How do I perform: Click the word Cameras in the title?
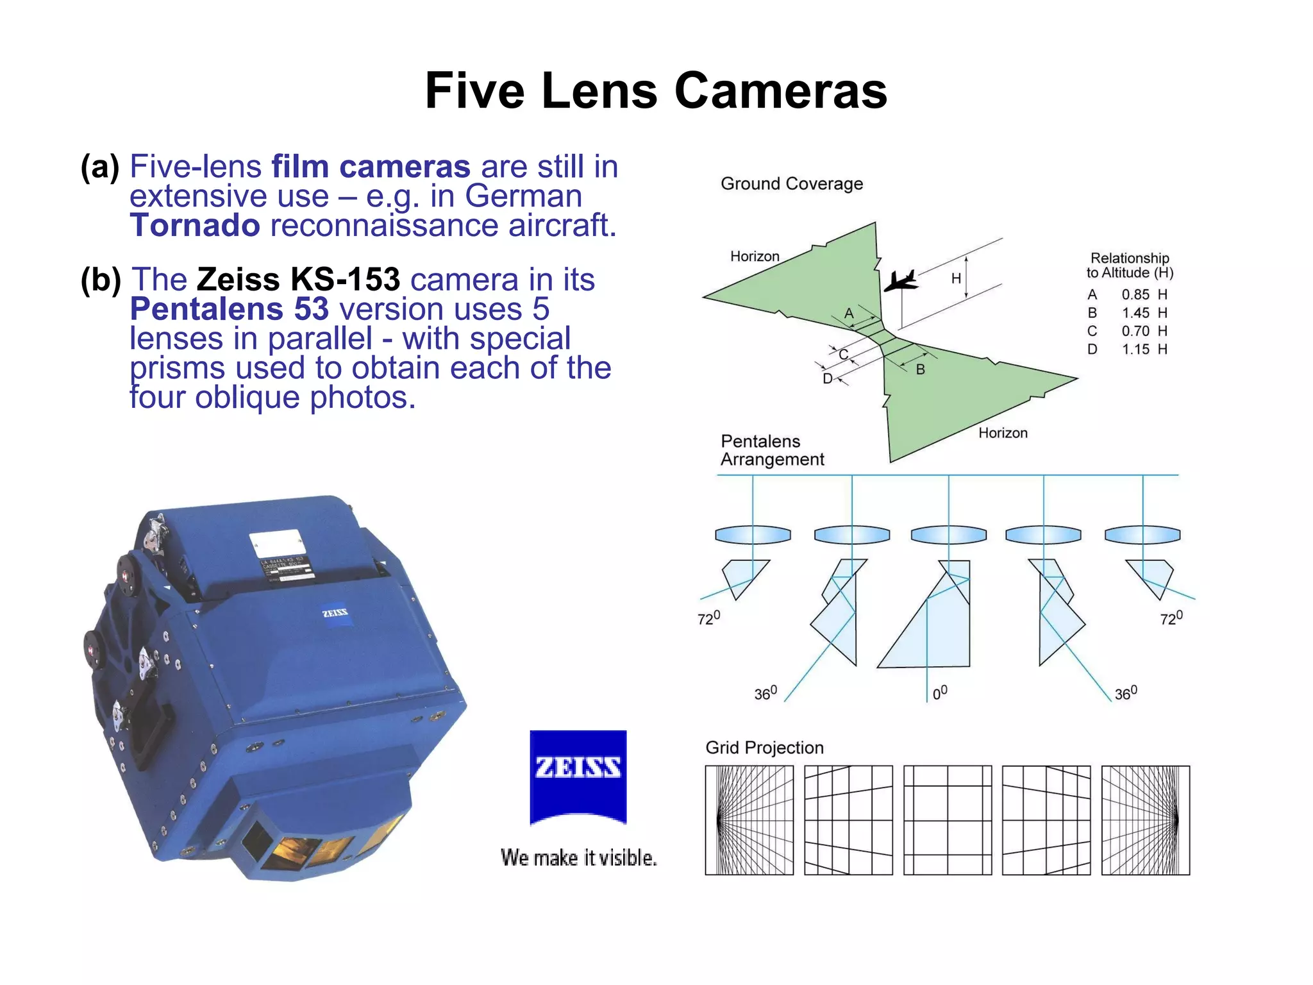click(x=780, y=90)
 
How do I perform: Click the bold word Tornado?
click(x=195, y=226)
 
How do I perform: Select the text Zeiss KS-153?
click(x=298, y=280)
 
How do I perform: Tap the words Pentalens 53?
click(x=230, y=309)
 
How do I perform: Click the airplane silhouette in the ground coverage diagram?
click(x=901, y=281)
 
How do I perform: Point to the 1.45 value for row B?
click(x=1135, y=313)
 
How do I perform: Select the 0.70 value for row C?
click(x=1135, y=331)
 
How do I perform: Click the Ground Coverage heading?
click(x=791, y=184)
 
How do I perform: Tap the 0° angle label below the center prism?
click(x=939, y=693)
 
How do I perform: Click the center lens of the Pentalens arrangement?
click(x=948, y=534)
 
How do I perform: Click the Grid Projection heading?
click(x=764, y=748)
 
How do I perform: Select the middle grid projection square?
click(x=948, y=820)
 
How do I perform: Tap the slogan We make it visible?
click(x=578, y=857)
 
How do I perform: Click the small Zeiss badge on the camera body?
click(x=335, y=613)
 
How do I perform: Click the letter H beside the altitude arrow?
click(x=955, y=278)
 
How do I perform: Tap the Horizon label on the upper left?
click(x=755, y=257)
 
